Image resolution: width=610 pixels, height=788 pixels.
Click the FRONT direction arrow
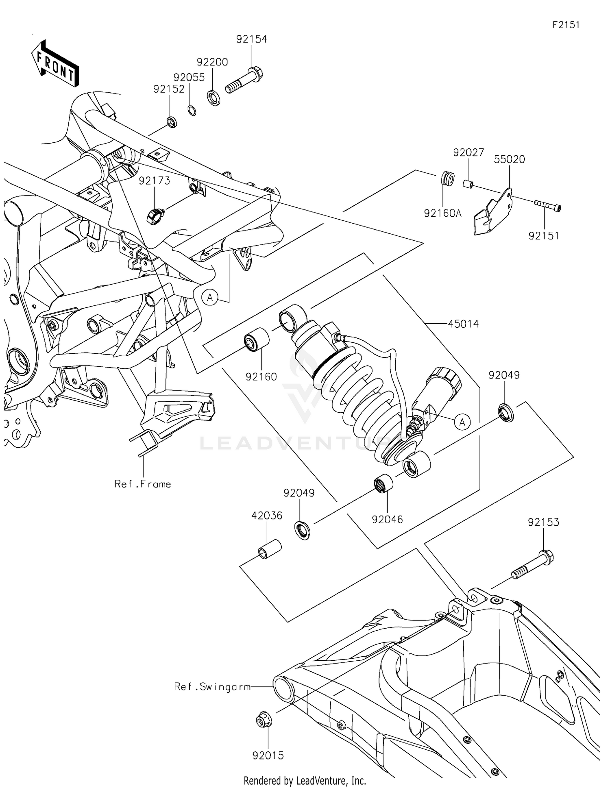click(x=55, y=63)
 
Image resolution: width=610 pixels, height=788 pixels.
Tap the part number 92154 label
click(x=251, y=39)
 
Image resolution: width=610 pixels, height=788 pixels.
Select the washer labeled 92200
click(x=214, y=98)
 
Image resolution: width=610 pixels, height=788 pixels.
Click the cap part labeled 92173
click(x=155, y=216)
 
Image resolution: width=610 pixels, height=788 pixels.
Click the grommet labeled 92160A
click(x=448, y=179)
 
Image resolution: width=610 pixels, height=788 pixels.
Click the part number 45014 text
click(x=463, y=324)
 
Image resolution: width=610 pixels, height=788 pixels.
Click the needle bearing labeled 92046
click(x=383, y=485)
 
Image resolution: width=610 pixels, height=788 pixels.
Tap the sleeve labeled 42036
click(x=270, y=549)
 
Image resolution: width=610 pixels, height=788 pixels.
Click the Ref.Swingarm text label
click(x=212, y=687)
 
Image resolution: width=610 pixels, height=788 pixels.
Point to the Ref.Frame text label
click(x=143, y=484)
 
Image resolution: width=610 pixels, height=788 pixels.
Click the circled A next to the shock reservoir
click(x=462, y=422)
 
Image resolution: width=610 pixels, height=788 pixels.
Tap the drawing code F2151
click(x=566, y=25)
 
